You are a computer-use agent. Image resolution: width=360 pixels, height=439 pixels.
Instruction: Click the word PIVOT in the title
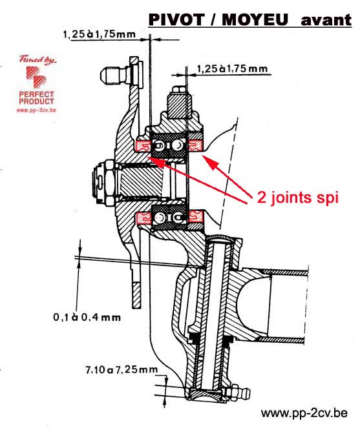click(176, 19)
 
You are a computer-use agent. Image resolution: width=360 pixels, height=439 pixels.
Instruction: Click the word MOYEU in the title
click(255, 19)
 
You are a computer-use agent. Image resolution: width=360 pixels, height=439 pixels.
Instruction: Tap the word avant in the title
click(326, 20)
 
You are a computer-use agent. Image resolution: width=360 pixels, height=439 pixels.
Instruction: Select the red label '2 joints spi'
click(298, 198)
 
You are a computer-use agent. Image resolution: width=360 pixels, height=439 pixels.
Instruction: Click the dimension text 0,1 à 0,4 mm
click(87, 317)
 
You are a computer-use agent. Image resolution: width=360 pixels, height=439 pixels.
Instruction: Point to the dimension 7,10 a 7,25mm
click(122, 369)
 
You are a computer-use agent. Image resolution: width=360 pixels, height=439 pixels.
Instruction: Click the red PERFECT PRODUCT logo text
click(36, 98)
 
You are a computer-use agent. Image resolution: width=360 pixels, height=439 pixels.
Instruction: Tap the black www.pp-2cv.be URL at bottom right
click(304, 413)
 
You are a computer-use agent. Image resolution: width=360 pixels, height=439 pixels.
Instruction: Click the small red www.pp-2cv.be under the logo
click(36, 110)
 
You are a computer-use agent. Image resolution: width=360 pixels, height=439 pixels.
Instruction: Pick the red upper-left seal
click(143, 146)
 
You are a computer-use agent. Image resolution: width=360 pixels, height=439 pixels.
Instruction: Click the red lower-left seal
click(143, 218)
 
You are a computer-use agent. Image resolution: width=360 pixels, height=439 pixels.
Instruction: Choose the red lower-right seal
click(195, 216)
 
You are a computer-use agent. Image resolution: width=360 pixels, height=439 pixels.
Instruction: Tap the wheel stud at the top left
click(115, 74)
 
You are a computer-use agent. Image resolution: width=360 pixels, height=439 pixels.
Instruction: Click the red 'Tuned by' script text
click(37, 60)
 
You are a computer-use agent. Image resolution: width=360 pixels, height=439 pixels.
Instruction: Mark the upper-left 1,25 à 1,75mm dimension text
click(100, 34)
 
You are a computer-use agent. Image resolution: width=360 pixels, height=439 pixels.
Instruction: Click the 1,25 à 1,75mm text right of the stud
click(232, 68)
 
